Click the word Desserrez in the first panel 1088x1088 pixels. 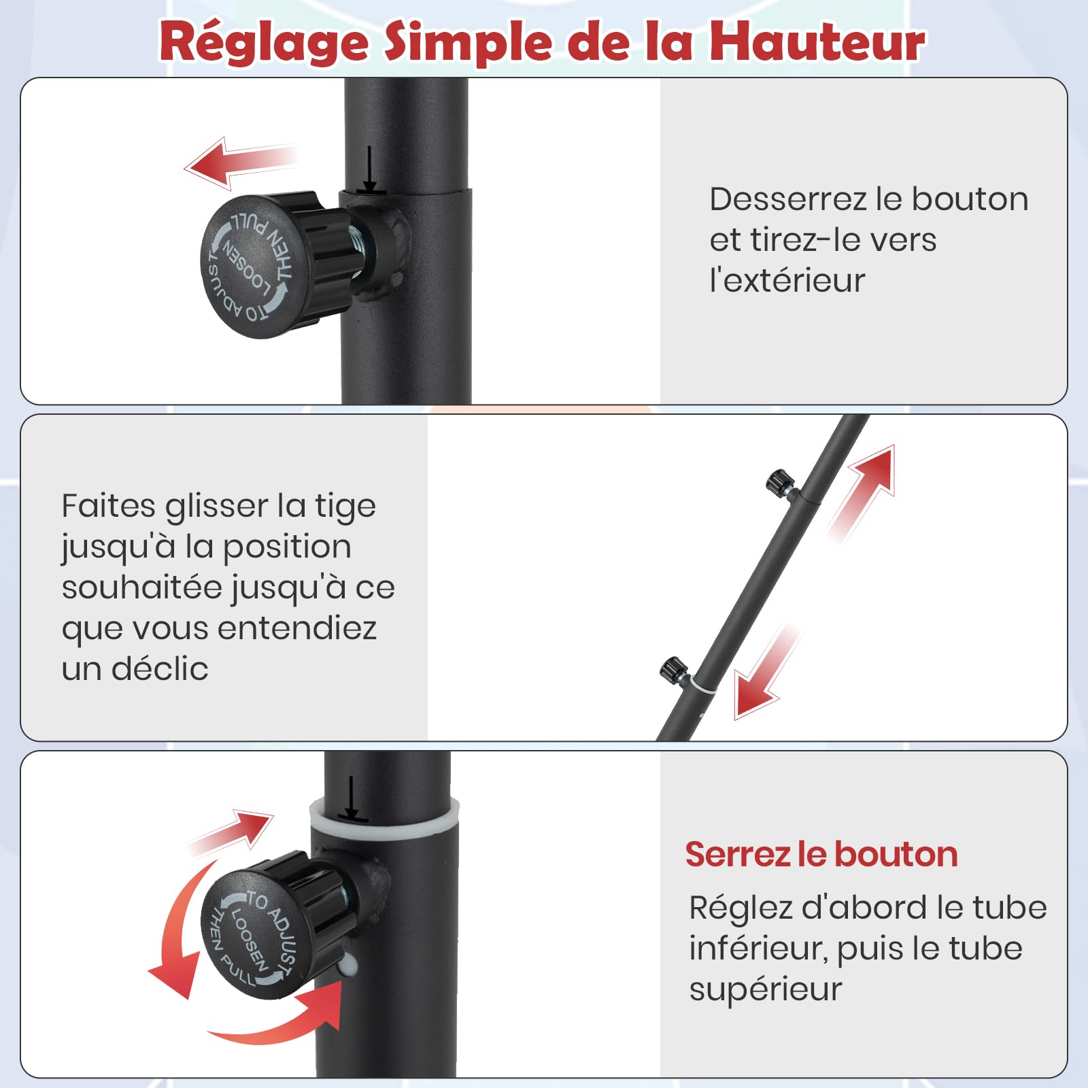(x=788, y=199)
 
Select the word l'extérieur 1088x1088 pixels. (x=787, y=280)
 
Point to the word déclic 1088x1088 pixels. (x=160, y=668)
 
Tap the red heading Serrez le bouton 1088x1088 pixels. (x=821, y=854)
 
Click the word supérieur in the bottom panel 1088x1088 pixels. (x=766, y=990)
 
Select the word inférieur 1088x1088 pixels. (x=758, y=949)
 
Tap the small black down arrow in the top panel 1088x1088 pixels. (x=369, y=169)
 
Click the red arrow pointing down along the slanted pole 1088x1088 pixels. (x=767, y=672)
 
